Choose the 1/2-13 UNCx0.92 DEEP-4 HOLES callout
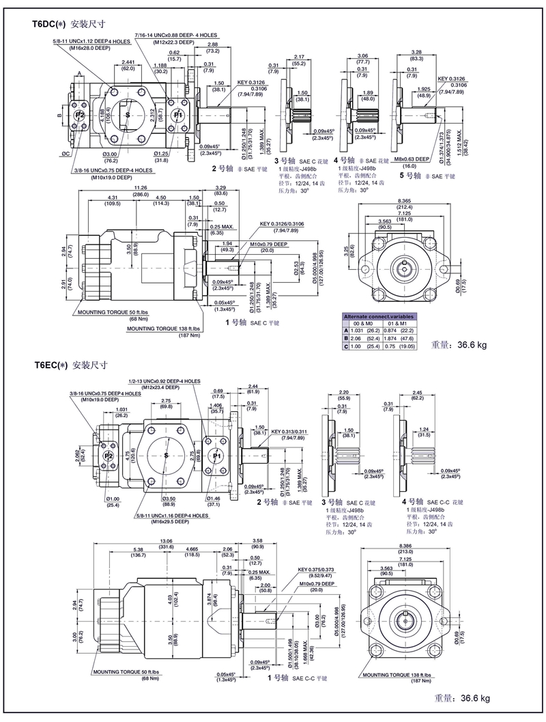(x=164, y=381)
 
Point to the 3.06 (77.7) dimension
(x=362, y=55)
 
